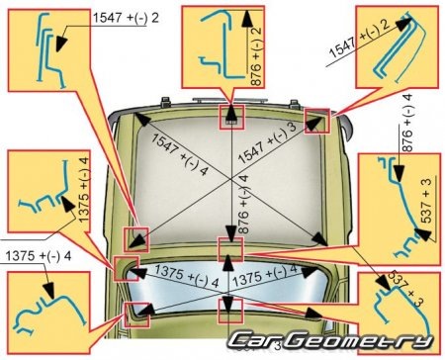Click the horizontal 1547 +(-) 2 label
click(126, 18)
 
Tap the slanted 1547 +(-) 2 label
click(360, 40)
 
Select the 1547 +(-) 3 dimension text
click(268, 143)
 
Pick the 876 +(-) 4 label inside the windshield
click(243, 205)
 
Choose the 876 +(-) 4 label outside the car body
click(406, 123)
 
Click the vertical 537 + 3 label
click(426, 201)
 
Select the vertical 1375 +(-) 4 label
click(83, 190)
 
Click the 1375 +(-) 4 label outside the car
click(39, 256)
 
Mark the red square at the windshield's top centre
click(231, 118)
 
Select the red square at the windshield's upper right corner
click(317, 121)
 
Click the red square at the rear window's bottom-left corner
click(136, 315)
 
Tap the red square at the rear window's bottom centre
click(230, 312)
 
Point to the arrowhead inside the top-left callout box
click(61, 44)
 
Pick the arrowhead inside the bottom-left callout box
click(48, 290)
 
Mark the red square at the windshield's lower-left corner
click(136, 239)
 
